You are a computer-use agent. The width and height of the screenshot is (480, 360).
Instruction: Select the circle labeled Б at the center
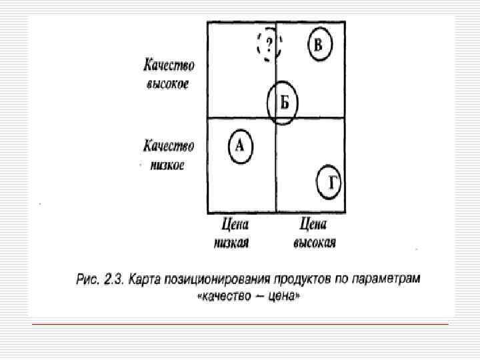click(x=283, y=103)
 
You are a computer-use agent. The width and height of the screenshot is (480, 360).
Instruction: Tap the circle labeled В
click(x=319, y=45)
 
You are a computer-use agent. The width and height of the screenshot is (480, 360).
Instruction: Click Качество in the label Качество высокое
click(x=169, y=66)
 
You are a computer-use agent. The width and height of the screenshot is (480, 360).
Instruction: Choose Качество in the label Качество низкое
click(x=169, y=146)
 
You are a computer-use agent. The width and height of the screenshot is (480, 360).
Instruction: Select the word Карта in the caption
click(x=150, y=278)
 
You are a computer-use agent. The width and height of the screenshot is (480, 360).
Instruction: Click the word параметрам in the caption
click(x=390, y=278)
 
